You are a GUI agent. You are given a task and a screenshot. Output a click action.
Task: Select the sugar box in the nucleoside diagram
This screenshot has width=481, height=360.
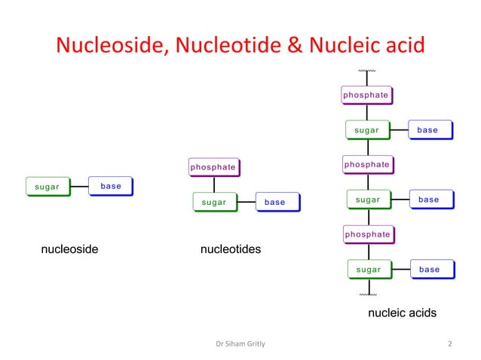point(47,187)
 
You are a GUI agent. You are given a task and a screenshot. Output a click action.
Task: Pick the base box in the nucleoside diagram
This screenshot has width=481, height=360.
point(111,186)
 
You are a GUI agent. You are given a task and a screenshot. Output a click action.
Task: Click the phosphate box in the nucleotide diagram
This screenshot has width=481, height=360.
point(213,166)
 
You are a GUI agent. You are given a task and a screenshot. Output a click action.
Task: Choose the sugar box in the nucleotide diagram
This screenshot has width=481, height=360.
point(215,202)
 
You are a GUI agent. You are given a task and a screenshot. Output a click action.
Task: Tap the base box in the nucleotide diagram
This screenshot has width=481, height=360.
point(275,202)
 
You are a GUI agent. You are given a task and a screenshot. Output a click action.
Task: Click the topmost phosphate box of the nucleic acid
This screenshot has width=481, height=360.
point(366,96)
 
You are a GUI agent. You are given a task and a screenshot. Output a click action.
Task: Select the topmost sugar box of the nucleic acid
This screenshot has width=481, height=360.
point(367,130)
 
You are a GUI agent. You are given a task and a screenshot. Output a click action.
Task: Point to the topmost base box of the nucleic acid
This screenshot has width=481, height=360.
point(427,130)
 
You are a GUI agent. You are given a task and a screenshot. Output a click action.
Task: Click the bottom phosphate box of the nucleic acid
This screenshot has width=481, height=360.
point(367,234)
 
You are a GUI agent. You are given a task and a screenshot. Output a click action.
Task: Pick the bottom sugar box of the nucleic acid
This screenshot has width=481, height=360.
point(369,269)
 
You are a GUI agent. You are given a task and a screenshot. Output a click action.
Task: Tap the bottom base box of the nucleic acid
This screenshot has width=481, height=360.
point(429,269)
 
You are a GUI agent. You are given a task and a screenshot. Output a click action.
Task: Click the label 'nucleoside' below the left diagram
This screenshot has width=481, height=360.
point(69,249)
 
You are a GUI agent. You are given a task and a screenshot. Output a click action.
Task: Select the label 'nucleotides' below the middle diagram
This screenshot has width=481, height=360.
point(231,249)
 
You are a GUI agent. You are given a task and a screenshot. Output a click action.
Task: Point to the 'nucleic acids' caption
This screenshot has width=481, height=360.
point(401,313)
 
